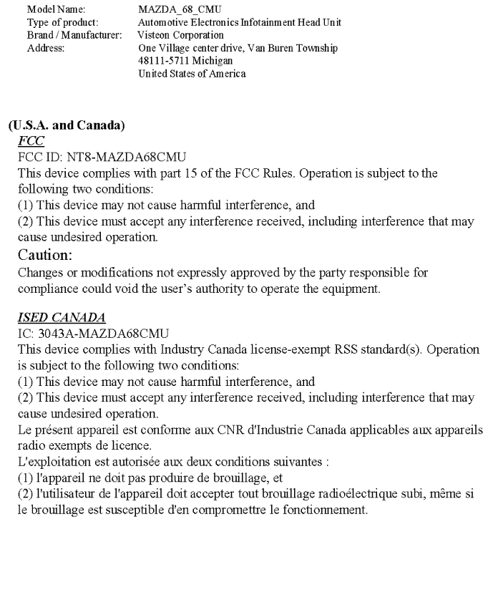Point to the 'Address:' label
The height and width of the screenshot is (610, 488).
[45, 48]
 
